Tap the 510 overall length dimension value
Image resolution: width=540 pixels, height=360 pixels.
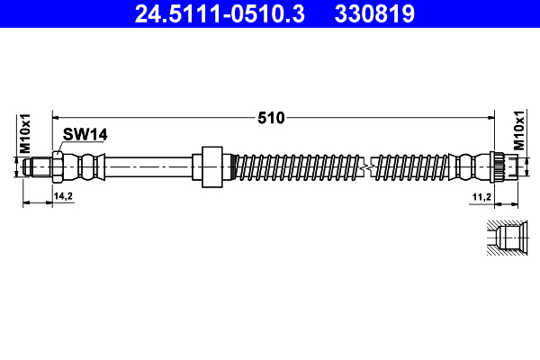271,117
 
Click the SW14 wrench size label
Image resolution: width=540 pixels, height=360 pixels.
85,134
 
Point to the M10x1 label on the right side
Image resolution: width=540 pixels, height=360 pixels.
519,133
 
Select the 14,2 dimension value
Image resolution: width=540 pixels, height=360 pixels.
63,195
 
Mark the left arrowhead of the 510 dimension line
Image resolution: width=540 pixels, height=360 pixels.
57,116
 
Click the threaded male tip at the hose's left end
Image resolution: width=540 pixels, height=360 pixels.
39,166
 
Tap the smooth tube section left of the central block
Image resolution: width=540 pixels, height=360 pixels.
148,166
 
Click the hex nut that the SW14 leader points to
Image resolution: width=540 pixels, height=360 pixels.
58,166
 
